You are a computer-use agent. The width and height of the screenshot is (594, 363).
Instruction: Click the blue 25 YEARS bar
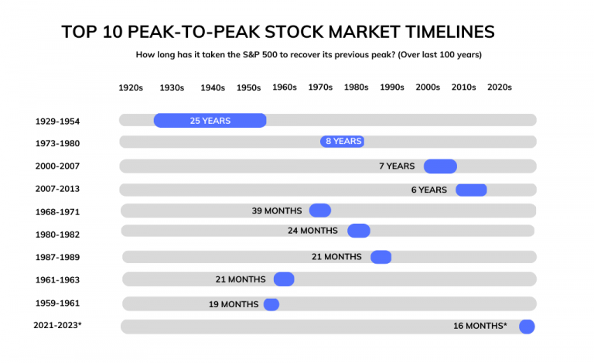[210, 121]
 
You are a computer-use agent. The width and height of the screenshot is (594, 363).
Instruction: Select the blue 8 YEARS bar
[342, 142]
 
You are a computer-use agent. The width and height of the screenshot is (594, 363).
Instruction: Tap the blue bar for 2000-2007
[440, 166]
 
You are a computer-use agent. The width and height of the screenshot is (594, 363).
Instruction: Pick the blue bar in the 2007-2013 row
[471, 190]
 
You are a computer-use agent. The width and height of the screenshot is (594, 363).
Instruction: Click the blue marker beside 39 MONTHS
[320, 211]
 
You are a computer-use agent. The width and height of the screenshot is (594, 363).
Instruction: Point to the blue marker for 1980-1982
[359, 231]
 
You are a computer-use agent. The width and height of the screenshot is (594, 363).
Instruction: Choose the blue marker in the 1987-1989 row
[381, 257]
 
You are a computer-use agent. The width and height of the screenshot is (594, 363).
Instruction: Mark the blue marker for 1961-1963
[284, 279]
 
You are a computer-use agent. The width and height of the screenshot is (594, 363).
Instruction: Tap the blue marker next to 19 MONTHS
[271, 304]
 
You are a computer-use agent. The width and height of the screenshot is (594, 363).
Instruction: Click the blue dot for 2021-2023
[527, 327]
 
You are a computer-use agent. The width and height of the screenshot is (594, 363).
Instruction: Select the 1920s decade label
[131, 87]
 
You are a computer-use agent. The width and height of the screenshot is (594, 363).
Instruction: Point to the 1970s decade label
[320, 87]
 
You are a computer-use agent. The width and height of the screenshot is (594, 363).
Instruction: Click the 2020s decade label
[500, 87]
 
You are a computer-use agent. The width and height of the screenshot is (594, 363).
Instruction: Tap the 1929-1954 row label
[57, 122]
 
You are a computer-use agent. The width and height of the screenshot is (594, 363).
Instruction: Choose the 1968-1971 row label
[57, 212]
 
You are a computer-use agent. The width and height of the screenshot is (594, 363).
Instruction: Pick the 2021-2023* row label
[57, 326]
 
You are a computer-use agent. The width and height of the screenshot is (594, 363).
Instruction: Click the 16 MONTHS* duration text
[480, 326]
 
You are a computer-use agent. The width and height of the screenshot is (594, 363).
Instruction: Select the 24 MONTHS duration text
[312, 231]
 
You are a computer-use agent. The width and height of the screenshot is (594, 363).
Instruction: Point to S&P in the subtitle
[251, 54]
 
